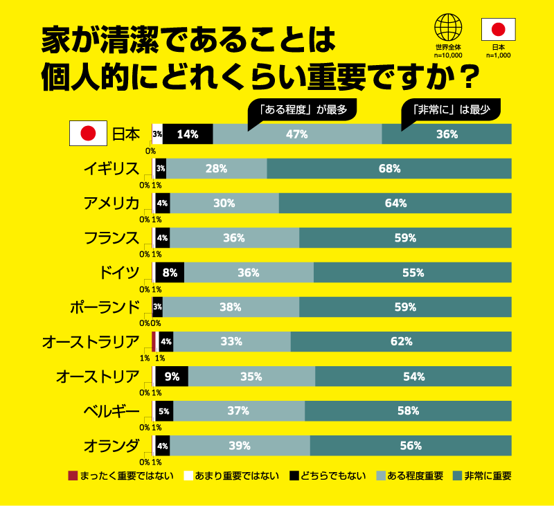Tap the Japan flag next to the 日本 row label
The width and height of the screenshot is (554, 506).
pyautogui.click(x=88, y=134)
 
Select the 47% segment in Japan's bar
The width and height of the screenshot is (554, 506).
pyautogui.click(x=297, y=134)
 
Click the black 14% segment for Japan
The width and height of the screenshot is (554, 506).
pyautogui.click(x=188, y=134)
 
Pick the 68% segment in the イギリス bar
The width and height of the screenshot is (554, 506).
pyautogui.click(x=389, y=169)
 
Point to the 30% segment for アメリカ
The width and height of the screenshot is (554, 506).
pyautogui.click(x=224, y=204)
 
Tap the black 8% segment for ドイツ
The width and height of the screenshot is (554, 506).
pyautogui.click(x=170, y=273)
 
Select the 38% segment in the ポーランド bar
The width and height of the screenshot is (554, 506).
pyautogui.click(x=231, y=307)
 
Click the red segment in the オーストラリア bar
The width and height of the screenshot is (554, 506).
pyautogui.click(x=154, y=341)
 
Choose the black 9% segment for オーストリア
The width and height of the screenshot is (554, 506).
pyautogui.click(x=172, y=377)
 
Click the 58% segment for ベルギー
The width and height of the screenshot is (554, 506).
pyautogui.click(x=408, y=411)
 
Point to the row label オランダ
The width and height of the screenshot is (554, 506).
pyautogui.click(x=111, y=445)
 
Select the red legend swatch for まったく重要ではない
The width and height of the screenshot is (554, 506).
pyautogui.click(x=73, y=476)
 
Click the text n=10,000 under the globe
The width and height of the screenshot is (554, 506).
pyautogui.click(x=448, y=55)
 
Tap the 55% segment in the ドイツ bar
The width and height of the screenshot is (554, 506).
pyautogui.click(x=413, y=273)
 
